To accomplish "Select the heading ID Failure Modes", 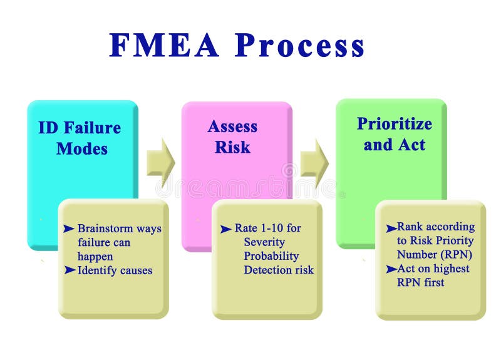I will [80, 138].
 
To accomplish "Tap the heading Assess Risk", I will [232, 136].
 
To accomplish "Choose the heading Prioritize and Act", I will [394, 134].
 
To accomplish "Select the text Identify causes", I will [115, 270].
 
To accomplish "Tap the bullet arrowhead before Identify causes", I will [69, 270].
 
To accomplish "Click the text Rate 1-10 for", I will [267, 229].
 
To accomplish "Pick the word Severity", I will [264, 242].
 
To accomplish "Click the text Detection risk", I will [279, 270].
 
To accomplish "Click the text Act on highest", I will [433, 269].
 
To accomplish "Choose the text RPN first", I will [420, 282].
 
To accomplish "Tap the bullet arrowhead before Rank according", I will [391, 227].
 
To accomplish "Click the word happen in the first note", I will [95, 257].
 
